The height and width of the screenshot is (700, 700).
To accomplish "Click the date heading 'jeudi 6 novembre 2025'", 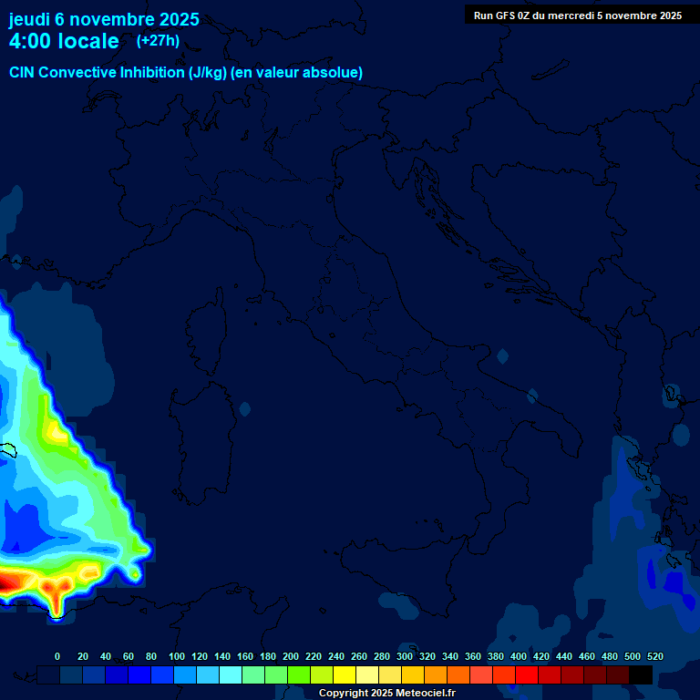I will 104,19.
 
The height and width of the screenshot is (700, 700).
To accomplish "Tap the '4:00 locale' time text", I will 64,41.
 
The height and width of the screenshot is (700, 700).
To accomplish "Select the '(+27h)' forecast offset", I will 158,40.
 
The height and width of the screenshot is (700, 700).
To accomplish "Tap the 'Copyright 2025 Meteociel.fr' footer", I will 386,693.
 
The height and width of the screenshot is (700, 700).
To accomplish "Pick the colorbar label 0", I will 57,656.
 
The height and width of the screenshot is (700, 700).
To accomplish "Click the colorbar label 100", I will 177,656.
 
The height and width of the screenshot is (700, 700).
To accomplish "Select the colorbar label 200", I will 291,656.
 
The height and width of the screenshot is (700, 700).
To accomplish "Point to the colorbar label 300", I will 405,656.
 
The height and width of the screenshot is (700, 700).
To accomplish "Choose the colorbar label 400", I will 519,656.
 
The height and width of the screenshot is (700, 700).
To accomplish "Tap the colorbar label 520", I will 654,656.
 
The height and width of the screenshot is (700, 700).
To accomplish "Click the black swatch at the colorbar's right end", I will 641,674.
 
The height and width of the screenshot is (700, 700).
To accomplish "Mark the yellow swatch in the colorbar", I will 345,674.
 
